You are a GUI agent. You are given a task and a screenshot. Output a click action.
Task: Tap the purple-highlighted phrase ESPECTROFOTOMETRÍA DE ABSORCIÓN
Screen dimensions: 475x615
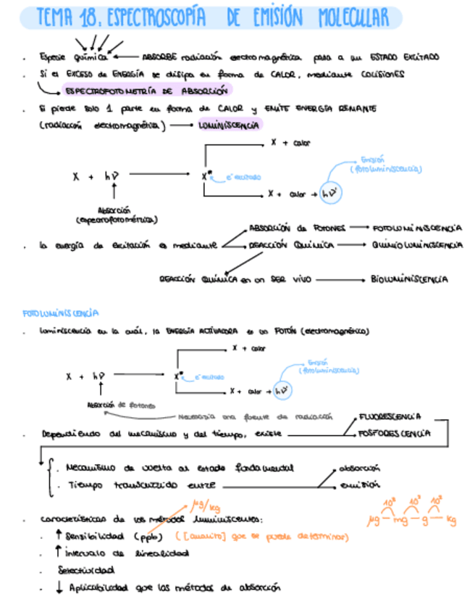(x=146, y=91)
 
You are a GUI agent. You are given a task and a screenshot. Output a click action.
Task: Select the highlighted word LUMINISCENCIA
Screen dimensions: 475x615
(x=230, y=125)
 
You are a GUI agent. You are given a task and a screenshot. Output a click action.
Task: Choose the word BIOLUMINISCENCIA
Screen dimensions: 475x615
(x=409, y=278)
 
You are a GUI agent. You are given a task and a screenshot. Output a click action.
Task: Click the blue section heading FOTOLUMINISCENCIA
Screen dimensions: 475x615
(x=61, y=313)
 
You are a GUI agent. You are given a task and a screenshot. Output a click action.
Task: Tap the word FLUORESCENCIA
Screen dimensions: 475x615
(x=390, y=417)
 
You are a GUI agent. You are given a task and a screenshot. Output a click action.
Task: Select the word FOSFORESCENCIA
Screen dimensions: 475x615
(x=394, y=434)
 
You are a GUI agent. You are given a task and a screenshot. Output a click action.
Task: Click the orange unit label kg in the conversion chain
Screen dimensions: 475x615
(x=452, y=519)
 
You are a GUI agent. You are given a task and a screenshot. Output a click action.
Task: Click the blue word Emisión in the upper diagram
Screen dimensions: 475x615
(x=372, y=160)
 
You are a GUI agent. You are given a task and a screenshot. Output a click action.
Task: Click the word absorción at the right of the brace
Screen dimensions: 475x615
(x=360, y=469)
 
